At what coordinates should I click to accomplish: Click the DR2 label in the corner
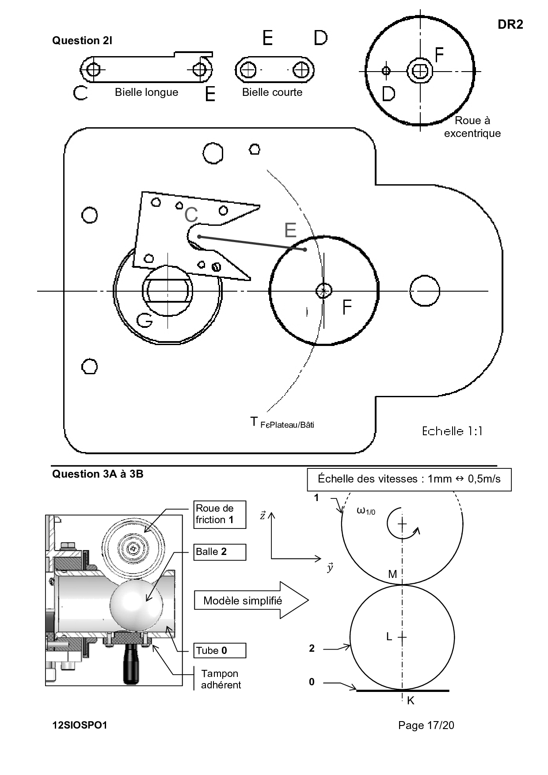click(x=510, y=25)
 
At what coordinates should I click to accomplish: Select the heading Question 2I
click(x=82, y=41)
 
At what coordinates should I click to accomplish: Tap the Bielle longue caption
click(x=146, y=92)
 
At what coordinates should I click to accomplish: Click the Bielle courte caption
click(x=272, y=92)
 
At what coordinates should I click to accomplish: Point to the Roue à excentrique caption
click(x=472, y=127)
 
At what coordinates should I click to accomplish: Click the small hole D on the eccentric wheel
click(x=386, y=70)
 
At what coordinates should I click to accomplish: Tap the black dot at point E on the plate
click(x=305, y=250)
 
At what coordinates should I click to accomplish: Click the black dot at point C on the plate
click(x=199, y=237)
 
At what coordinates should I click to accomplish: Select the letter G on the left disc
click(x=145, y=320)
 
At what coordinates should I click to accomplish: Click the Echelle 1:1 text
click(x=452, y=431)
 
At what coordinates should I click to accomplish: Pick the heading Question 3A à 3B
click(x=98, y=474)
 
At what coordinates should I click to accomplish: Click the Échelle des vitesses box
click(x=409, y=479)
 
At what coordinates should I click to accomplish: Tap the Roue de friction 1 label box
click(x=220, y=514)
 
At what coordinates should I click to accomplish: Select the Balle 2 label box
click(x=220, y=552)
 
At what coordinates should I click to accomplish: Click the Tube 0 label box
click(x=220, y=650)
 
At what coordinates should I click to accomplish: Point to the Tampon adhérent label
click(x=221, y=679)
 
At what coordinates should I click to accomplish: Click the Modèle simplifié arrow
click(x=250, y=600)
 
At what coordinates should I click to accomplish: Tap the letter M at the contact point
click(x=392, y=574)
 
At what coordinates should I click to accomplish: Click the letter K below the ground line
click(x=411, y=700)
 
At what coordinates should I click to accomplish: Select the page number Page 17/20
click(x=426, y=725)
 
